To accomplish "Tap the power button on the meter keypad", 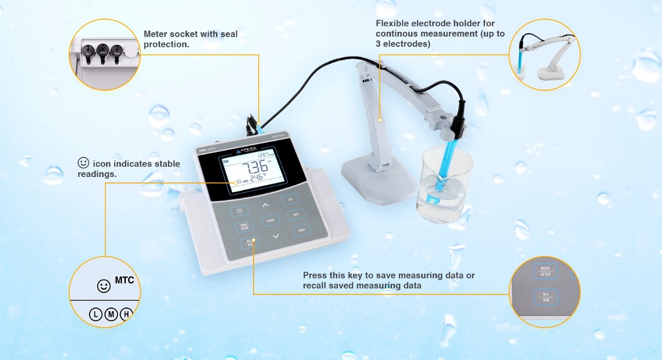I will (240, 210).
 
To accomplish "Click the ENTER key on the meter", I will (270, 221).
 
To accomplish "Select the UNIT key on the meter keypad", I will (296, 215).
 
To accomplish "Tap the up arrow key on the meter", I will (266, 205).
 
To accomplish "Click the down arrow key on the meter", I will (276, 236).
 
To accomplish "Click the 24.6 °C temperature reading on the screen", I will (256, 178).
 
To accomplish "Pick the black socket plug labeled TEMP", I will (116, 51).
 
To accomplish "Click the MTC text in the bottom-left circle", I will (124, 281).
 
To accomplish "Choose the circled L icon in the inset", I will (96, 314).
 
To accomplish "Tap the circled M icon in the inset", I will (111, 314).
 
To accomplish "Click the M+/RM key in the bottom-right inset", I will (546, 296).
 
